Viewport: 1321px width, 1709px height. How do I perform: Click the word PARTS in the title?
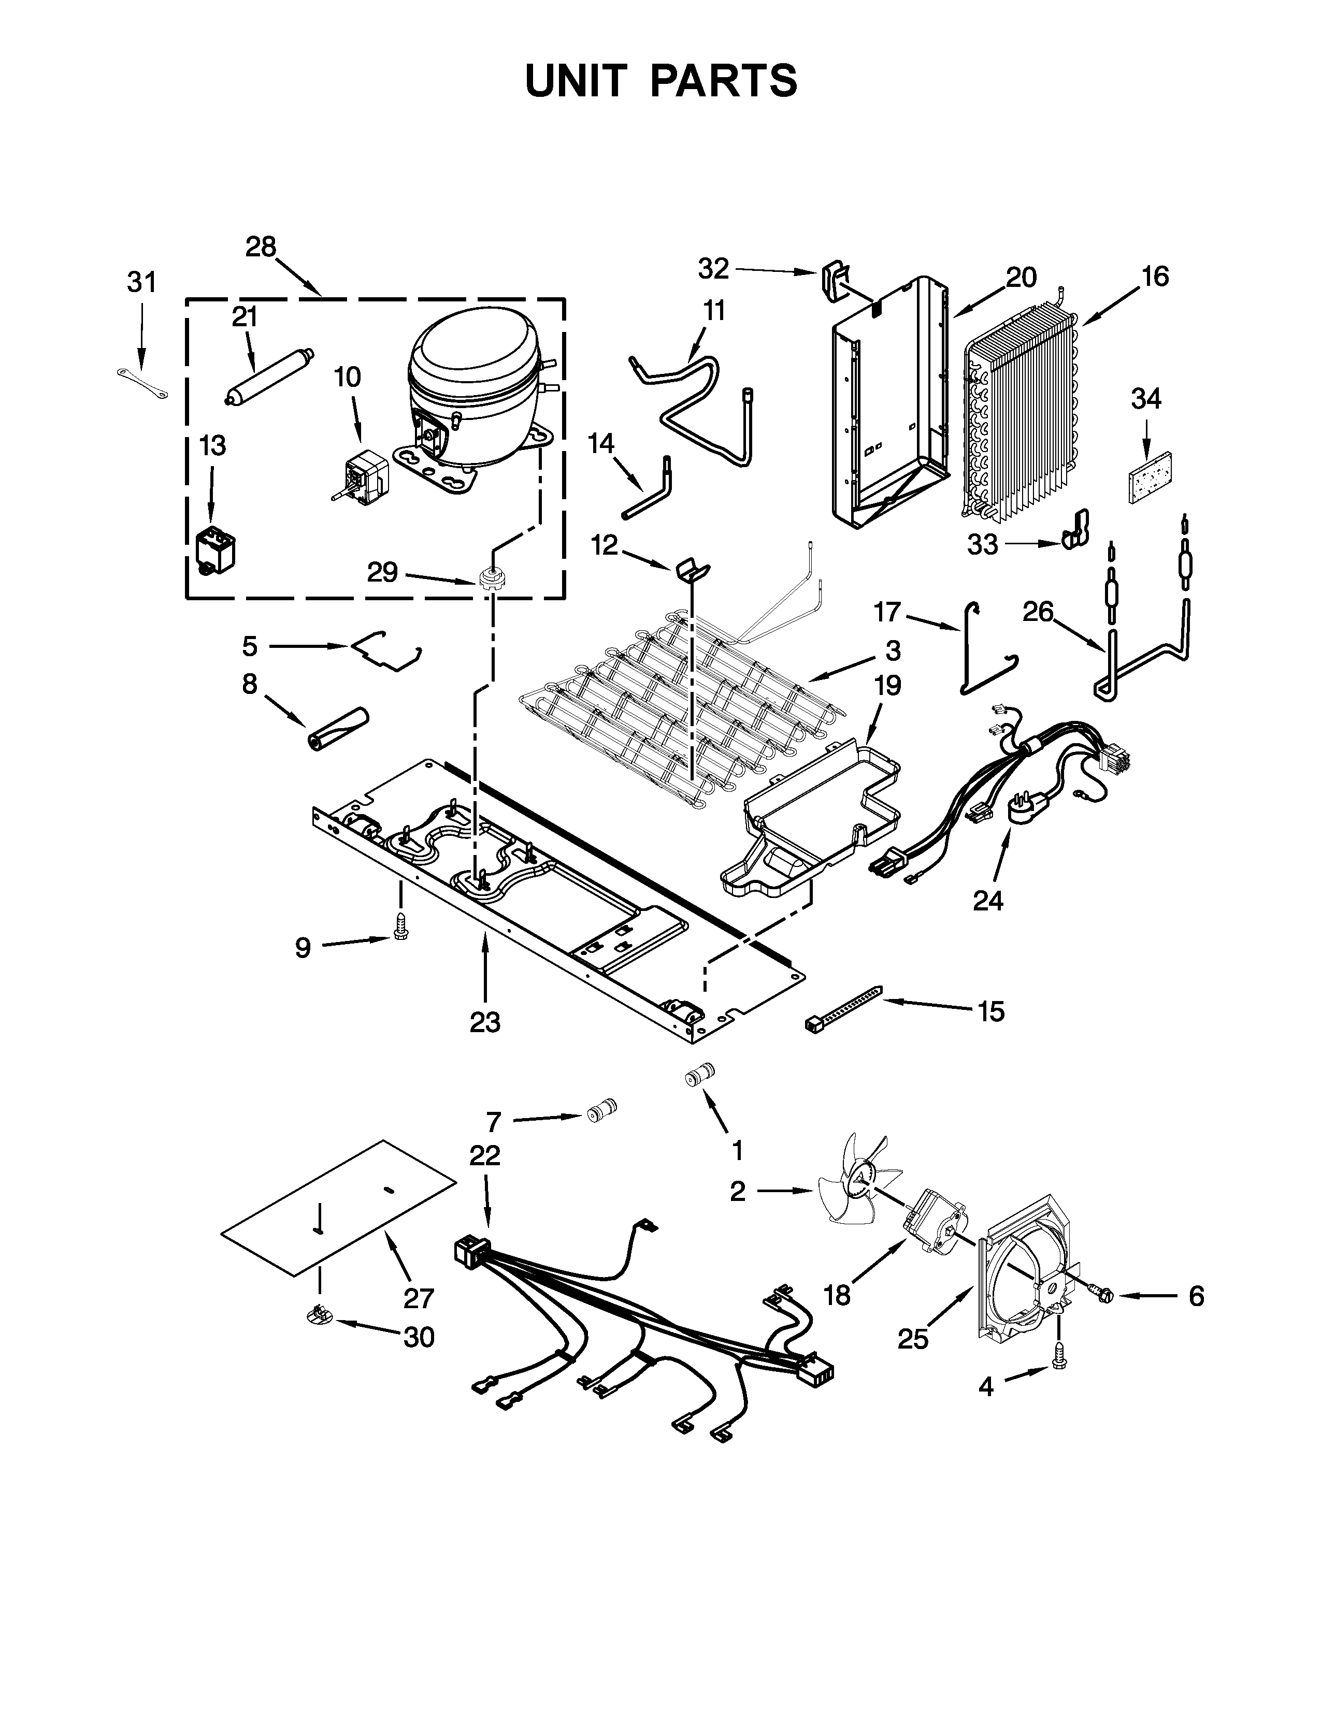coord(723,81)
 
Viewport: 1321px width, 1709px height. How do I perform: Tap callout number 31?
coord(141,282)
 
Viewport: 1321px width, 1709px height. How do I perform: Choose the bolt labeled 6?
coord(1099,1296)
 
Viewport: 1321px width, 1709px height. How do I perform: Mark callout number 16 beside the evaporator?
coord(1154,276)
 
